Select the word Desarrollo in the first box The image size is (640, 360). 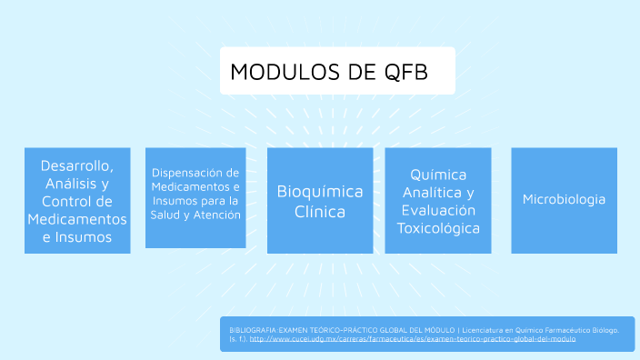pos(76,166)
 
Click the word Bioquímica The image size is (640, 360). pos(319,192)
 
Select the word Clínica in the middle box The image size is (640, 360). pos(319,212)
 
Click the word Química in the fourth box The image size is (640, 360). pos(437,174)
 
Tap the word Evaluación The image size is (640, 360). pos(437,210)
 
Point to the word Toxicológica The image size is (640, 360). pos(437,227)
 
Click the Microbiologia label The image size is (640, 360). pos(564,199)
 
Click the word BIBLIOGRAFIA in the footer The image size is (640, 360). pos(249,328)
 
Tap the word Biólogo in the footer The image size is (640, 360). pos(603,328)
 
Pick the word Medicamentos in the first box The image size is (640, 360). pos(77,220)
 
